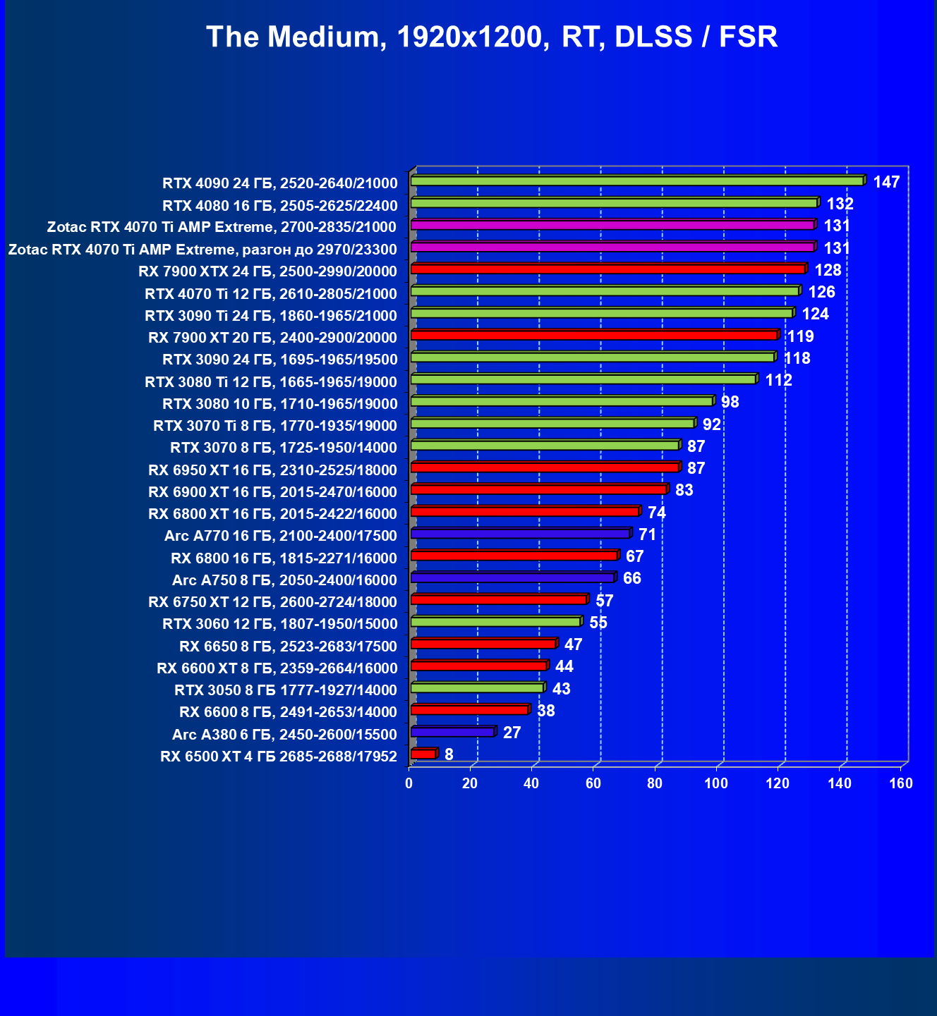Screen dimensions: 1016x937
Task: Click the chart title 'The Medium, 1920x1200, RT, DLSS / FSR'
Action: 492,37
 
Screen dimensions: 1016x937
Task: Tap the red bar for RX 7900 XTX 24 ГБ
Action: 607,269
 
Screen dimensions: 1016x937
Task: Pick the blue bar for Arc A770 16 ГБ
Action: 520,534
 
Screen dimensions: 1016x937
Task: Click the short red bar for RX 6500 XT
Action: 423,754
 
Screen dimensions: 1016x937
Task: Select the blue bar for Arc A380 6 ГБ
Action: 452,732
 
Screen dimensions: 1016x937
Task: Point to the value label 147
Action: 886,182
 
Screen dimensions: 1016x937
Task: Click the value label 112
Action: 778,381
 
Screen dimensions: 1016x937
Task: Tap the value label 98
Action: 730,402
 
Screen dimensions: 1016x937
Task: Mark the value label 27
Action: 512,733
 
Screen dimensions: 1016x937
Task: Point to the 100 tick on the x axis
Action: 716,783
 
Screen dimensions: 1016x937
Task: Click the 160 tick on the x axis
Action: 901,783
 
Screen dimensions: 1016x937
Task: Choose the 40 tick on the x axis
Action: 531,783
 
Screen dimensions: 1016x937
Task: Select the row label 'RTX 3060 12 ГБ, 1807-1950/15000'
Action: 280,624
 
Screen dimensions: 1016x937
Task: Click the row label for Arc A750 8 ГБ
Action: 285,580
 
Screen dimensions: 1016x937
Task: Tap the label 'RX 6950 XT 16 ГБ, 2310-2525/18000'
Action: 273,470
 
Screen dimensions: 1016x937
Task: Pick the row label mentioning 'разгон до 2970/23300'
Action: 202,250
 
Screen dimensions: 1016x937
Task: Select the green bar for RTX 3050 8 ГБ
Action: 477,687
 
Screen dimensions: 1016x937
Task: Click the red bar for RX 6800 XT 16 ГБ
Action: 524,511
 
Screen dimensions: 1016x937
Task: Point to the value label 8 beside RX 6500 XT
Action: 449,754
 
